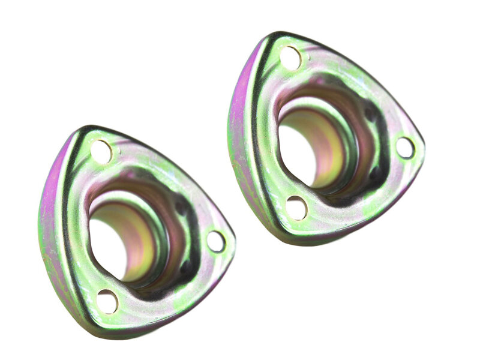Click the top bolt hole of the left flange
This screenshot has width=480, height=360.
(101, 151)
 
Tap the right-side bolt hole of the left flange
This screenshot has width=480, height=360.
(215, 241)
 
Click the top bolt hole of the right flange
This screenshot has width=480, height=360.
(290, 58)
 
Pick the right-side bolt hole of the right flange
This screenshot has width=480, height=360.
(405, 147)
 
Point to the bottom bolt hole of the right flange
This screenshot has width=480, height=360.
(296, 208)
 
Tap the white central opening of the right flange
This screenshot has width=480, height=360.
(296, 150)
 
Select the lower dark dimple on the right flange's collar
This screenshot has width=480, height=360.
(375, 174)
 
